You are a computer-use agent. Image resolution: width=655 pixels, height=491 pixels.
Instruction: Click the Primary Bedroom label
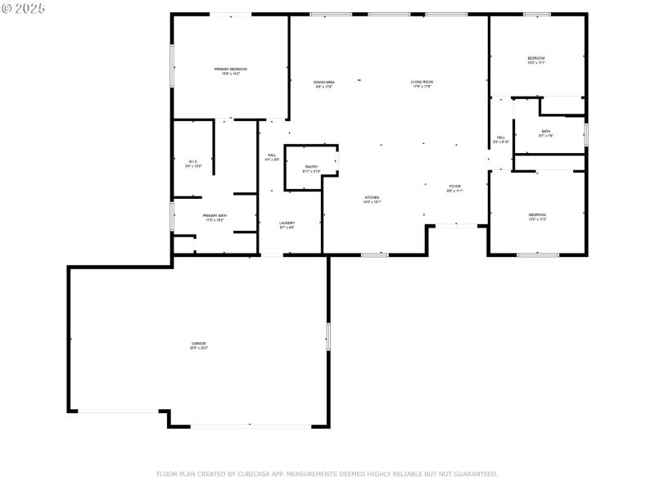tap(231, 70)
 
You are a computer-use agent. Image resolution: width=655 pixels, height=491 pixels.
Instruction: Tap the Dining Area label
tap(324, 83)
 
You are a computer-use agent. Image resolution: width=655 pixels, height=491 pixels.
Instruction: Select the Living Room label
tap(422, 83)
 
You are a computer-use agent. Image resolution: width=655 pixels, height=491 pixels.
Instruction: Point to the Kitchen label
tap(372, 198)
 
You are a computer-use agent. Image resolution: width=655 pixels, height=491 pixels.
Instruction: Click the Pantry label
tap(311, 167)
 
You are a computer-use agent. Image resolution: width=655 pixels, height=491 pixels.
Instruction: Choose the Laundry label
tap(287, 223)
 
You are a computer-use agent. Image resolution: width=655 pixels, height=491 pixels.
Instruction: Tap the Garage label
tap(199, 344)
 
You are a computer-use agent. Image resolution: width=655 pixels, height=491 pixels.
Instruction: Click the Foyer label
tap(455, 187)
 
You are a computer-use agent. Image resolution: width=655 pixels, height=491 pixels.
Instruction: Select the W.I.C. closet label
tap(193, 162)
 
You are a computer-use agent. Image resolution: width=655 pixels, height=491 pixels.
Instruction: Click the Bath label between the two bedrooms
tap(546, 133)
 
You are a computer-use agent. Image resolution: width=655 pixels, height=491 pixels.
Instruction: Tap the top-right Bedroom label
tap(536, 59)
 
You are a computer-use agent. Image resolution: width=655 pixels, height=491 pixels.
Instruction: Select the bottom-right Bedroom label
tap(537, 215)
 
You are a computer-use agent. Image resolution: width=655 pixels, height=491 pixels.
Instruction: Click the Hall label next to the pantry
tap(272, 155)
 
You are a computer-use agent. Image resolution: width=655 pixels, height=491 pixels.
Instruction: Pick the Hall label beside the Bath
tap(501, 138)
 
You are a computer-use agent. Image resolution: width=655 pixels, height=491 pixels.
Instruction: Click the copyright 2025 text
tap(24, 8)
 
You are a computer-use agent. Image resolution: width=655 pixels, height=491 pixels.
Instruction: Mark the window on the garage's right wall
tap(328, 336)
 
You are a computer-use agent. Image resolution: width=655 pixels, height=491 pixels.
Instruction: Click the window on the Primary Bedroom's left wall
tap(172, 65)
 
